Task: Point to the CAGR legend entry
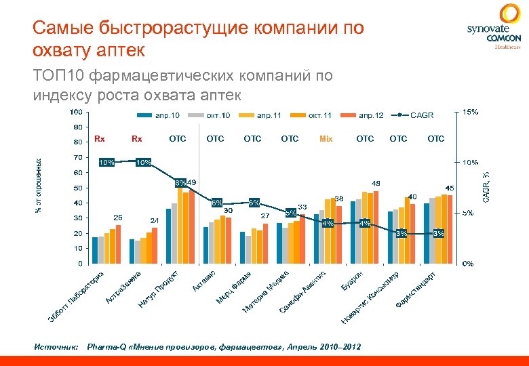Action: (414, 115)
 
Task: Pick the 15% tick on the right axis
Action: (469, 112)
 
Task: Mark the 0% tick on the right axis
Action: (468, 263)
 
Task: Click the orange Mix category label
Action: (326, 139)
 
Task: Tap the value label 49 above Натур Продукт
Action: (192, 182)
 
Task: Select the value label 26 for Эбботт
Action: (118, 218)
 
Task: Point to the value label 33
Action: (302, 207)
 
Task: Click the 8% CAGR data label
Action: (180, 182)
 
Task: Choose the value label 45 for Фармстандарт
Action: (449, 188)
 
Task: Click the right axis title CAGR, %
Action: (486, 186)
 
